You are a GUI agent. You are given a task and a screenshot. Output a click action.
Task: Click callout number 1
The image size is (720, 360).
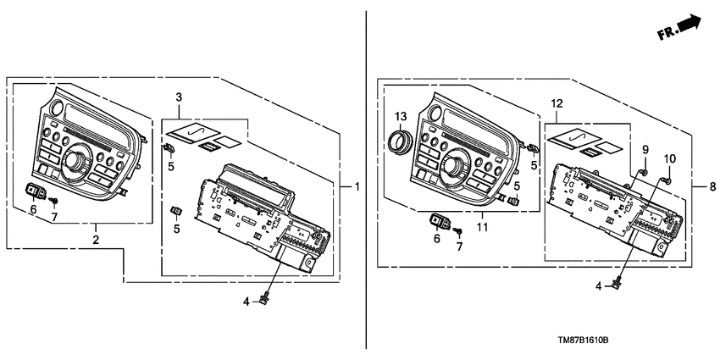tap(357, 186)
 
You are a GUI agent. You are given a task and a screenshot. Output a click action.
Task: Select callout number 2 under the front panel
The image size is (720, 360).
tap(95, 241)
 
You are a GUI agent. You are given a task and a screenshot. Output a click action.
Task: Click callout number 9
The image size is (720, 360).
tap(644, 150)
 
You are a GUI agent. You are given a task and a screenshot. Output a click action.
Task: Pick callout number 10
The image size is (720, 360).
tap(669, 159)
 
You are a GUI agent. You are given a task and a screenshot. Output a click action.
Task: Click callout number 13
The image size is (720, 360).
tap(401, 115)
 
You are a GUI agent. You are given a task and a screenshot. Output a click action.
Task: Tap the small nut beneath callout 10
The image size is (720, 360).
tap(666, 180)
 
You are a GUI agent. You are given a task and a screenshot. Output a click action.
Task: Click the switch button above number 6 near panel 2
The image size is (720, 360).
tap(37, 190)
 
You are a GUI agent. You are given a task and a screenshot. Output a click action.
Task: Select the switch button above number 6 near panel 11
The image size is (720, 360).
tap(441, 223)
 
